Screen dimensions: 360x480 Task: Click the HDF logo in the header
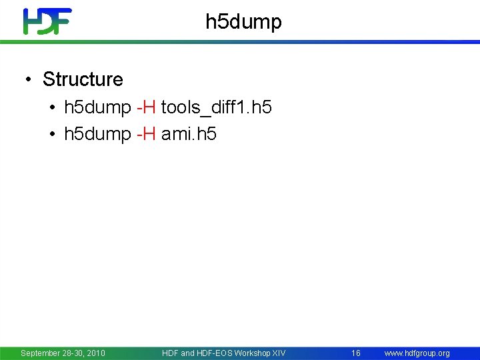coord(47,21)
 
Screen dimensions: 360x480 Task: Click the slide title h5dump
coord(243,22)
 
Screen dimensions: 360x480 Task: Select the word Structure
coord(83,79)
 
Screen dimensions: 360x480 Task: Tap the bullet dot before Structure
coord(27,80)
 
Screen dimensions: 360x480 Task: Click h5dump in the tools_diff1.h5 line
coord(97,107)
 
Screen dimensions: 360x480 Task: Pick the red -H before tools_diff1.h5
coord(146,107)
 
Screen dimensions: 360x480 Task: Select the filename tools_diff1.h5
coord(216,107)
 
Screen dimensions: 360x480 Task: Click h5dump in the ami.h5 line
coord(97,134)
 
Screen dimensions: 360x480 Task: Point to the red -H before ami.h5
coord(146,134)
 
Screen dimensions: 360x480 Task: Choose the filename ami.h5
coord(189,134)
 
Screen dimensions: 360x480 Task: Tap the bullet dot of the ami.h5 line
coord(52,135)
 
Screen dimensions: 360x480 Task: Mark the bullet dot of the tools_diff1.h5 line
coord(52,108)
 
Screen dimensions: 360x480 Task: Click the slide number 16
coord(356,353)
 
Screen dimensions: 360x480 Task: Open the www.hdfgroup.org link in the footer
coord(417,353)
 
